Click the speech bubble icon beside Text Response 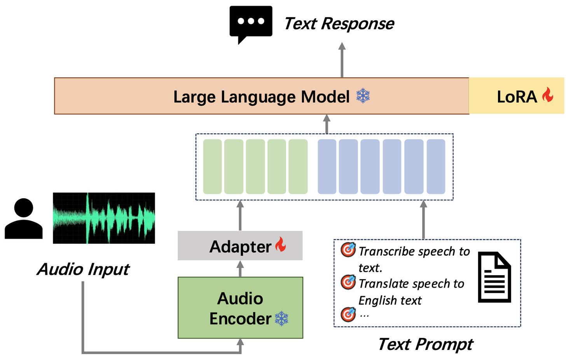[251, 23]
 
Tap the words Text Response [339, 24]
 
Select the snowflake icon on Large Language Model [363, 96]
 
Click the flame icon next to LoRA [548, 94]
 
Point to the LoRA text [517, 97]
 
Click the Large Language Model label [261, 97]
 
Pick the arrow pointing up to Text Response [342, 60]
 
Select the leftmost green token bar [212, 166]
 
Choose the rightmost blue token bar [436, 166]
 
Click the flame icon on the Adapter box [281, 245]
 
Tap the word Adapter [240, 247]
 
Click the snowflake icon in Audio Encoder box [281, 318]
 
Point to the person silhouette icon [23, 218]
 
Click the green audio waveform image [104, 218]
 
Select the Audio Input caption [83, 269]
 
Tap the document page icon [494, 277]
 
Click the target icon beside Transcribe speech [348, 250]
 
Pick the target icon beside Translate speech [348, 282]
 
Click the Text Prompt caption [425, 344]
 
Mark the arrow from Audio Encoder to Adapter [240, 268]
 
